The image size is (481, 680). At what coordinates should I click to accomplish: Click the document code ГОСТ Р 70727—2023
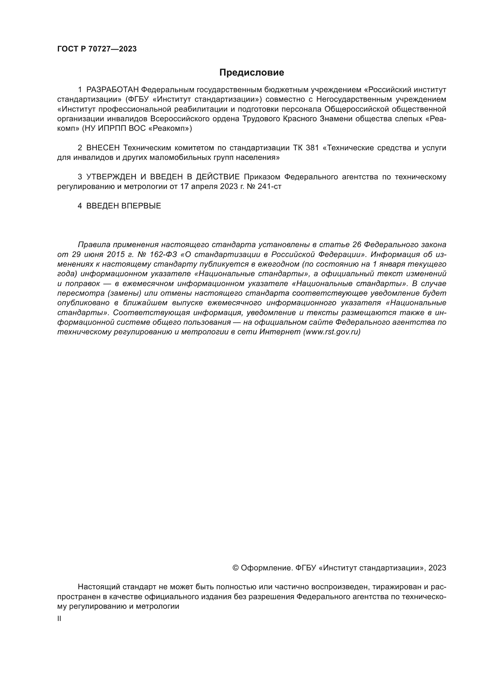(x=97, y=49)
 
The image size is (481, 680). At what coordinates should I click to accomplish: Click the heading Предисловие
(x=252, y=73)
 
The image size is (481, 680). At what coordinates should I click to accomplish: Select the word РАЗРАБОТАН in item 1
(x=112, y=90)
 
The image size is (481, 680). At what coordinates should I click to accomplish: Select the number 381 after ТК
(x=312, y=148)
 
